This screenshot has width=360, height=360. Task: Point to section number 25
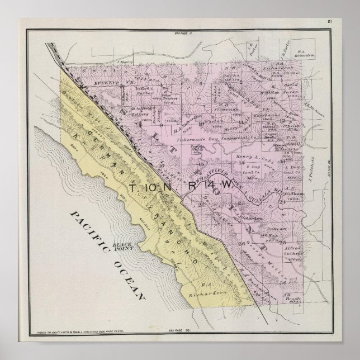pyautogui.click(x=283, y=241)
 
